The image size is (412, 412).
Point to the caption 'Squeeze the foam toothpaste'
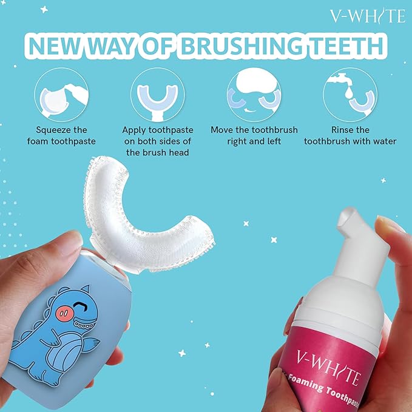tap(61, 135)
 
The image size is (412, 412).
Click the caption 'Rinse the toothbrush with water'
tap(350, 135)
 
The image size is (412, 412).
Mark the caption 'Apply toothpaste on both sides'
tap(157, 141)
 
